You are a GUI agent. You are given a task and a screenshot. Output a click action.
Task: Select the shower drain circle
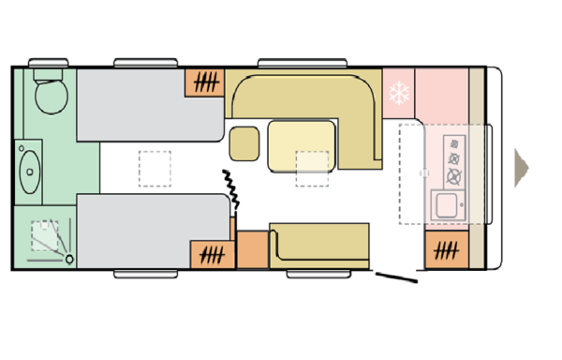click(42, 228)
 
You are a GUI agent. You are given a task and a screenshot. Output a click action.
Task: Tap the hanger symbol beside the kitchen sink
click(447, 251)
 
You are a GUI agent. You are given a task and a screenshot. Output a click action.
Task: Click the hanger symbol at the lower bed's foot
click(213, 254)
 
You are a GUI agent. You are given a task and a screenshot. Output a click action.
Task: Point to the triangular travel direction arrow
click(521, 166)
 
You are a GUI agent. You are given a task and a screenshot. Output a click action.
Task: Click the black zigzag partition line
click(230, 192)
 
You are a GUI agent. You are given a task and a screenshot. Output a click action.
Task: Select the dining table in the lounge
click(301, 146)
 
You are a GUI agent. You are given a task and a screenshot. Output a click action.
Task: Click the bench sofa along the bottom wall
click(319, 245)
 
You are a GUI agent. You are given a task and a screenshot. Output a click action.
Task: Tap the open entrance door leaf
click(397, 277)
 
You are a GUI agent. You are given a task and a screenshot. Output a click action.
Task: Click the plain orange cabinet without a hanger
click(252, 249)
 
